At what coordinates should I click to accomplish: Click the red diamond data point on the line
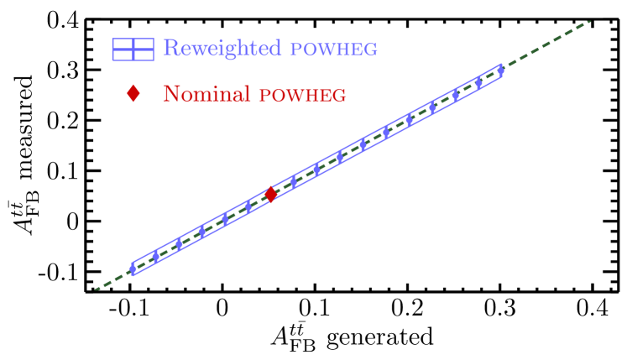[x=271, y=195]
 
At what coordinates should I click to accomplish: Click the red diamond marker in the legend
[x=133, y=93]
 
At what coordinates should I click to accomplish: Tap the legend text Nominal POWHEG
[x=254, y=93]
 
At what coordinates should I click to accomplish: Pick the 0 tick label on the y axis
[x=72, y=222]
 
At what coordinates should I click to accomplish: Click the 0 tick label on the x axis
[x=222, y=307]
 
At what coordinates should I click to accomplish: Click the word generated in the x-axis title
[x=379, y=337]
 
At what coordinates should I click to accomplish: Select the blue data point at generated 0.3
[x=501, y=70]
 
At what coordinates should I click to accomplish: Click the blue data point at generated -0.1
[x=132, y=269]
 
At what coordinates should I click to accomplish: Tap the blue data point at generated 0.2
[x=409, y=120]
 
